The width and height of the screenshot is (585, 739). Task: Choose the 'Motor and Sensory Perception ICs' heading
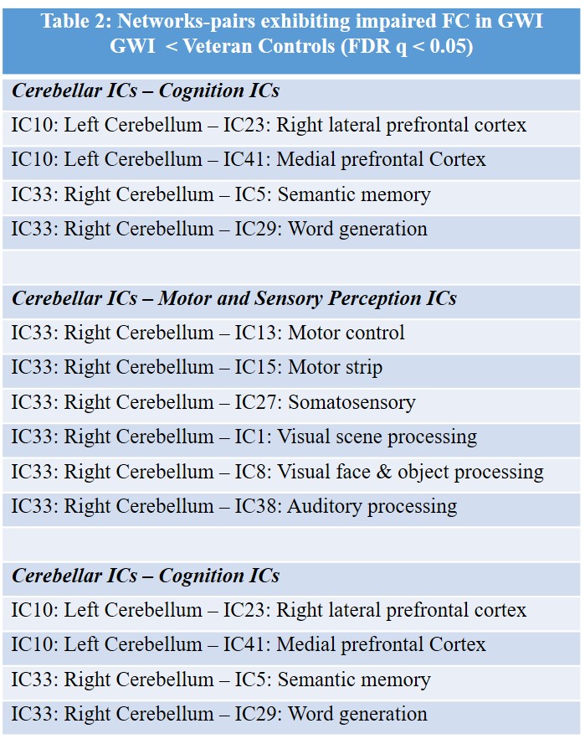[x=307, y=298]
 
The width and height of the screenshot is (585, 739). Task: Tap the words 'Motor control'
[x=346, y=333]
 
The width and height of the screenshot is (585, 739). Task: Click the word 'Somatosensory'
[x=352, y=402]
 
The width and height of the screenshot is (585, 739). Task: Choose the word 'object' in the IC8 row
[x=424, y=472]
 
